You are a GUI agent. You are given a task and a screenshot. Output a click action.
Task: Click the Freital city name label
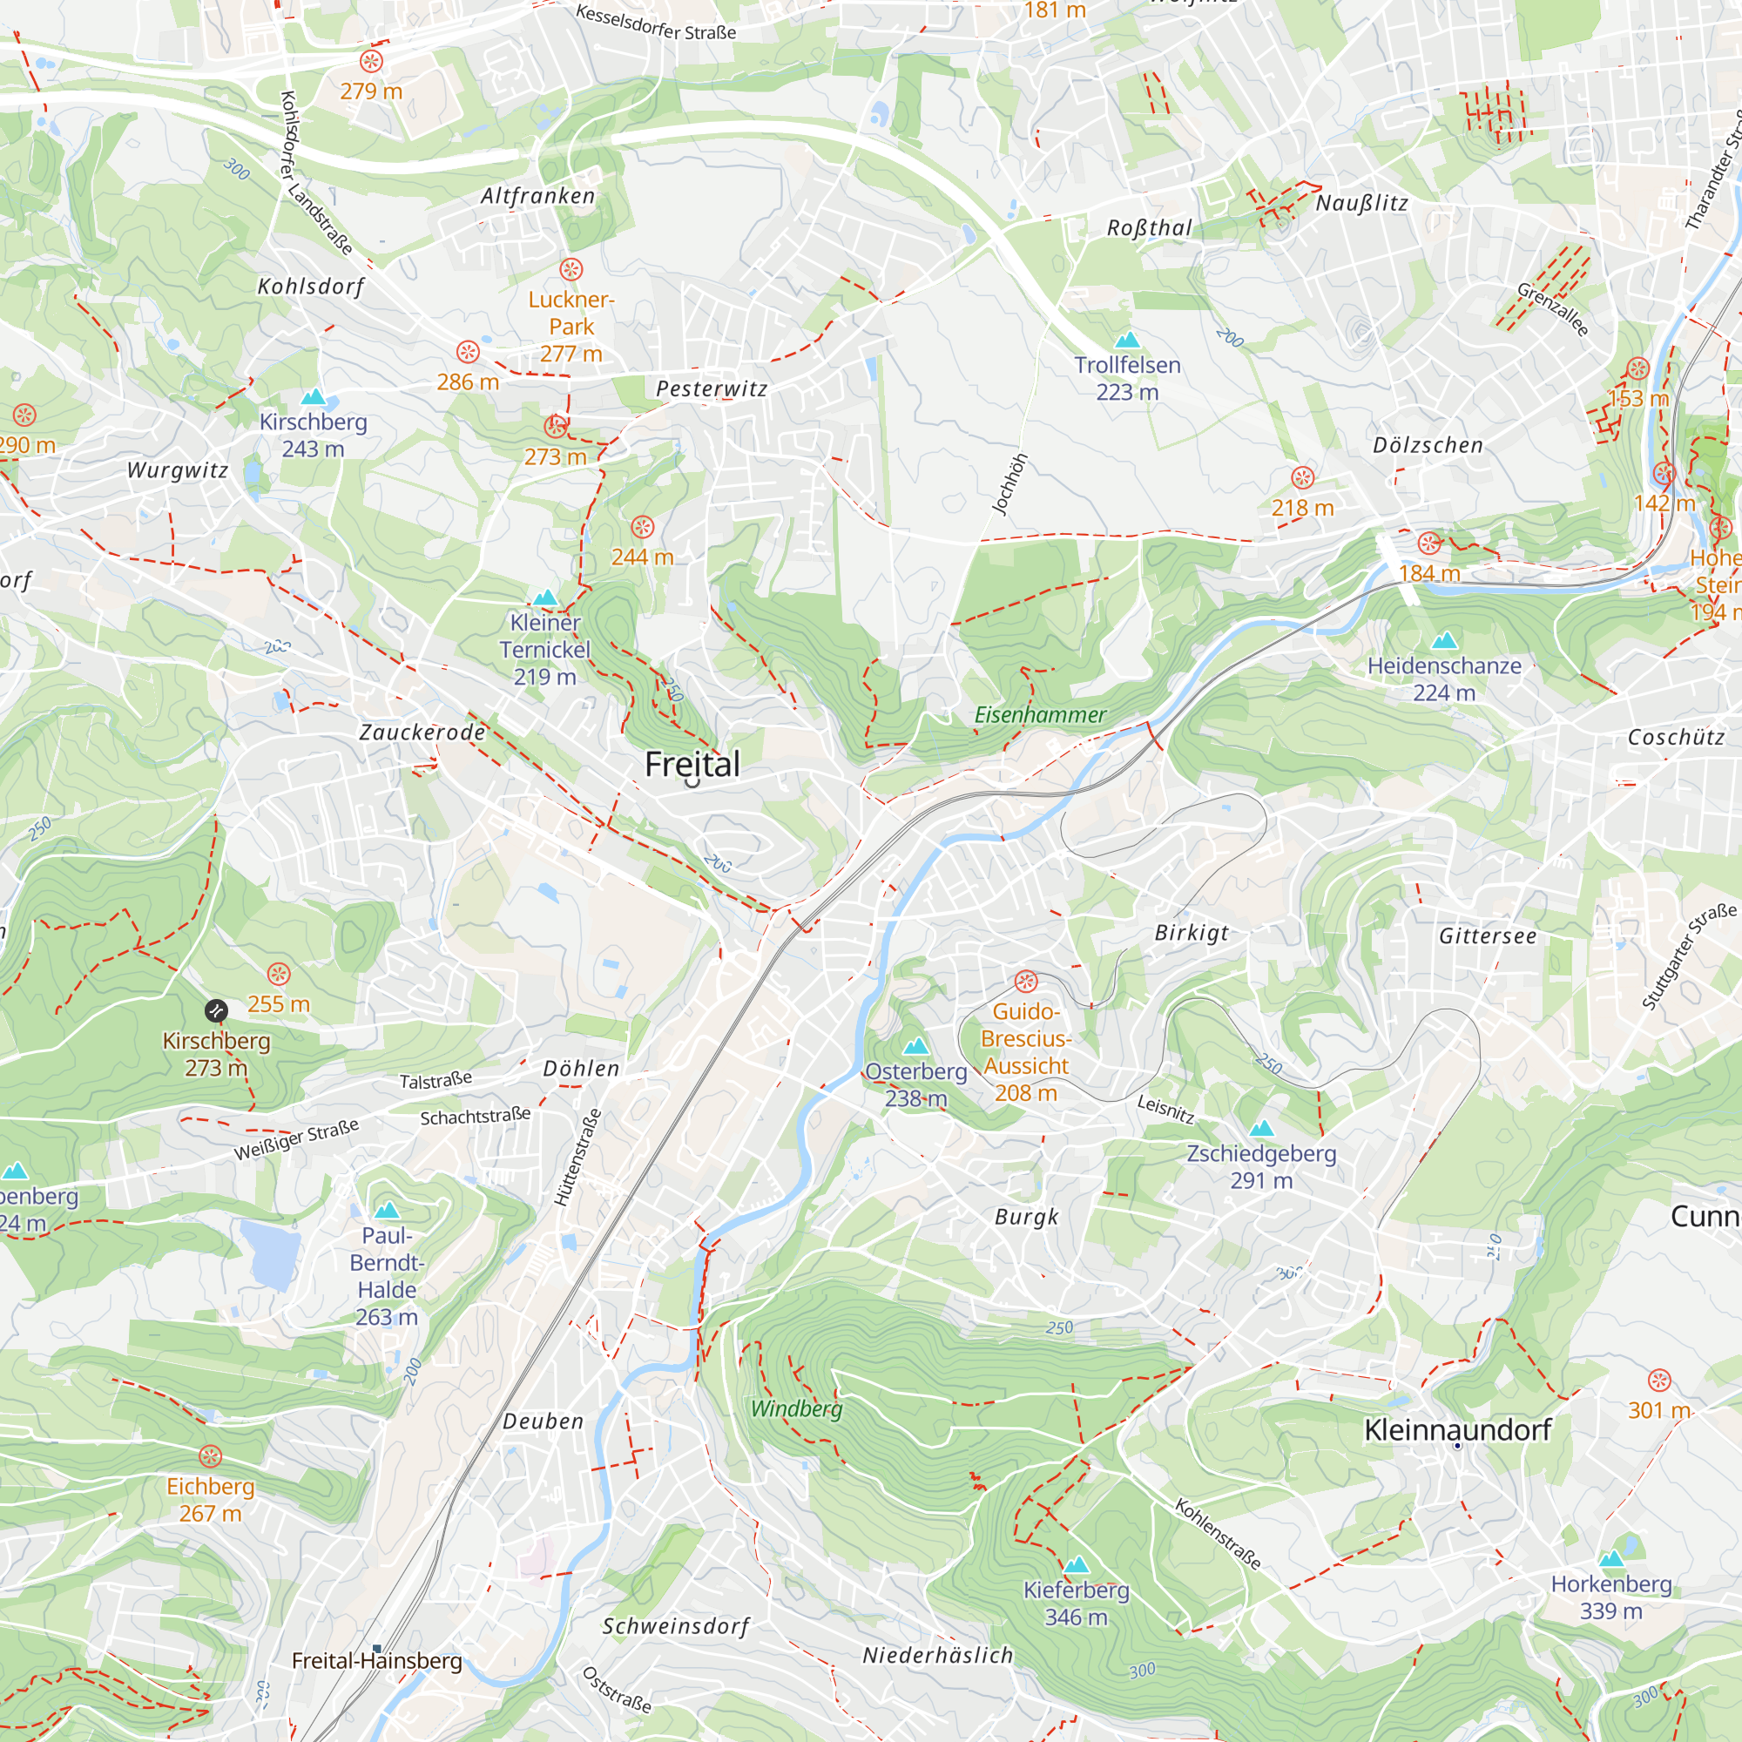point(692,765)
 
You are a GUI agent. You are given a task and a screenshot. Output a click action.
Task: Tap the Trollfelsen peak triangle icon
point(1127,340)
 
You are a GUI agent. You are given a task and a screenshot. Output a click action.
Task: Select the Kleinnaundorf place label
point(1457,1429)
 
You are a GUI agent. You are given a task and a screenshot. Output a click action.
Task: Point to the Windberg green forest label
point(796,1408)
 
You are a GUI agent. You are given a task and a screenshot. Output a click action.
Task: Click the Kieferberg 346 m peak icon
point(1077,1564)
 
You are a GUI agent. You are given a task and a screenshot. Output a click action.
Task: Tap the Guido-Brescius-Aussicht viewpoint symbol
point(1026,981)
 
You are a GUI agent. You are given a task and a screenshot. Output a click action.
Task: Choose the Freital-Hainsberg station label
point(377,1661)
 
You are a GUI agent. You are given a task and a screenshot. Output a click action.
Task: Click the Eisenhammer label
point(1040,715)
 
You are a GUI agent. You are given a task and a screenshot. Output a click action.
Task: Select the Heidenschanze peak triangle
point(1444,640)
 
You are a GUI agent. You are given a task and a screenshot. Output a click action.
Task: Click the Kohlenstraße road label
point(1218,1533)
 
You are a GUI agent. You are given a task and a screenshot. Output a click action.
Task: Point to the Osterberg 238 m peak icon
point(916,1046)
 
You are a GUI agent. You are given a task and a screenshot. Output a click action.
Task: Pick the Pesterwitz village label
point(712,388)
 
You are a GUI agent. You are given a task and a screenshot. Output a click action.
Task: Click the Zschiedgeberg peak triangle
point(1261,1128)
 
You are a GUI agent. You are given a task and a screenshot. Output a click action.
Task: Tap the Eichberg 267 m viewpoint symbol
point(210,1456)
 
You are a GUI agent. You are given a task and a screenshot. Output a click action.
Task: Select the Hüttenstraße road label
point(577,1158)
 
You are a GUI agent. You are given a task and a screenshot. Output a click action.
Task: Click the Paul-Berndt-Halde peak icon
point(387,1210)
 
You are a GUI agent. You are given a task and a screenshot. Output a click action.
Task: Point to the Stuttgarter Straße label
point(1688,955)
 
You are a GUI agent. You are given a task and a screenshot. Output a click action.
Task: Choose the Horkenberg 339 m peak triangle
point(1611,1559)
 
